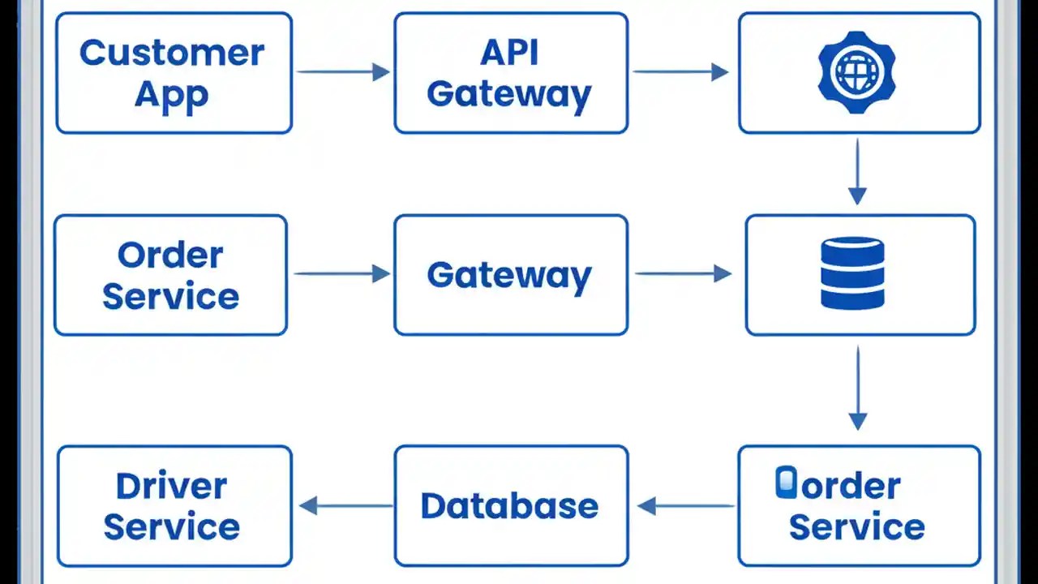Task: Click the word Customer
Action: (172, 54)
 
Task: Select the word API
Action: (509, 54)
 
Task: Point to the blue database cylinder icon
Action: (852, 273)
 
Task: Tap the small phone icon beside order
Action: (786, 483)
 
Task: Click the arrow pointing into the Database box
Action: (686, 507)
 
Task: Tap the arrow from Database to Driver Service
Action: (345, 507)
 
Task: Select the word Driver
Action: (171, 487)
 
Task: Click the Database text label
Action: (509, 506)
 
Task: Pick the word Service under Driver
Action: (171, 526)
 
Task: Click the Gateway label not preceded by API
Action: (509, 275)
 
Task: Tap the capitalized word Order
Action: (170, 255)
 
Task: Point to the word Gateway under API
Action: (509, 94)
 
